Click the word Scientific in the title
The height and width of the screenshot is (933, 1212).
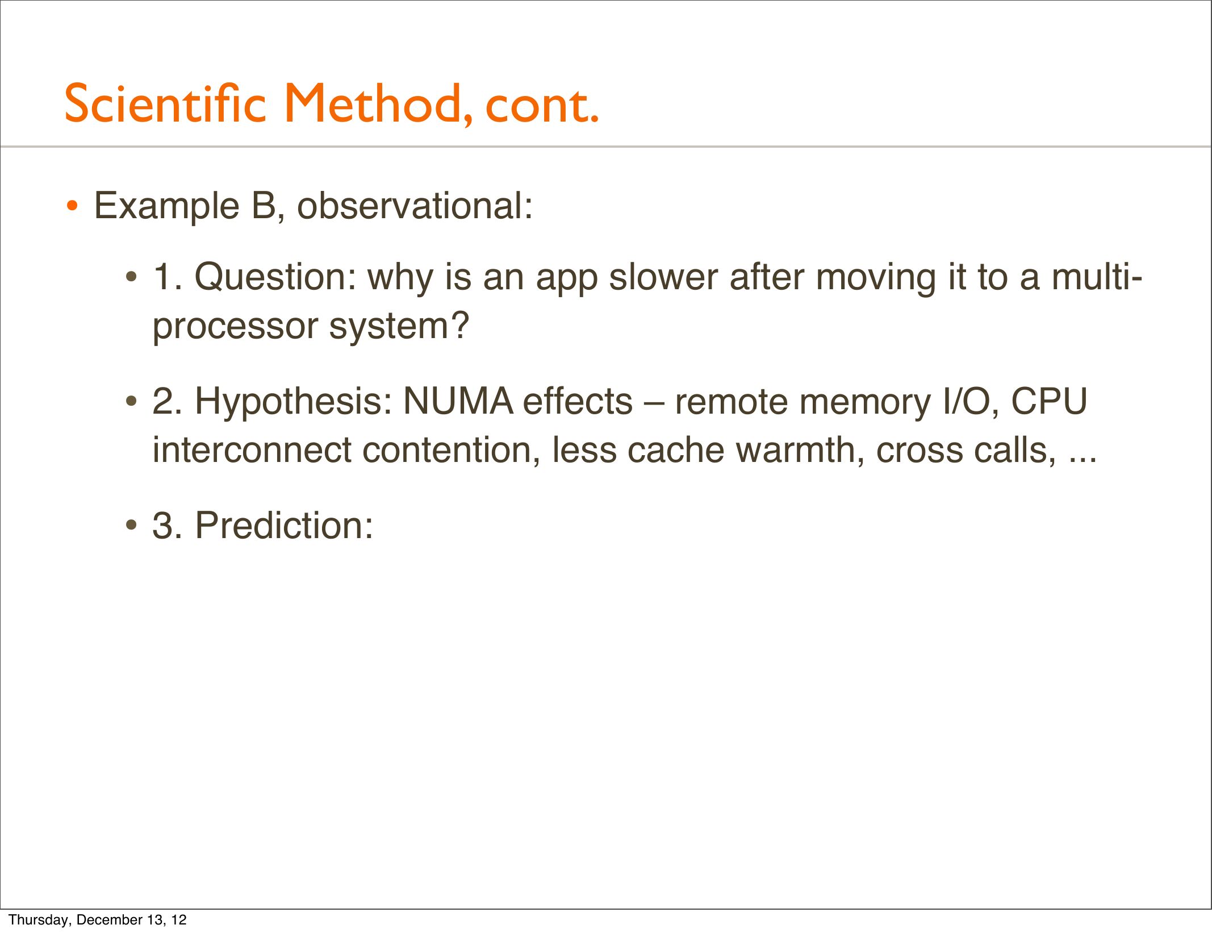pyautogui.click(x=165, y=103)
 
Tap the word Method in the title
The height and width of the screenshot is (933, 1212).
pyautogui.click(x=378, y=103)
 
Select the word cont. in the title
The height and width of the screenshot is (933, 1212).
pyautogui.click(x=542, y=106)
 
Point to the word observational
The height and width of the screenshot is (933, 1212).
pyautogui.click(x=415, y=205)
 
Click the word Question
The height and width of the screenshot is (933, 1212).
pyautogui.click(x=275, y=278)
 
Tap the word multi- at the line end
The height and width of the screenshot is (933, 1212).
pyautogui.click(x=1097, y=277)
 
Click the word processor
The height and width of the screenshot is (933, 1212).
pyautogui.click(x=235, y=328)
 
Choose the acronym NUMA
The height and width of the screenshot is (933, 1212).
pyautogui.click(x=458, y=401)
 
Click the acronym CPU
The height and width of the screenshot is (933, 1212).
pyautogui.click(x=1049, y=401)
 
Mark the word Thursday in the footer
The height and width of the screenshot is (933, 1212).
pyautogui.click(x=39, y=920)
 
